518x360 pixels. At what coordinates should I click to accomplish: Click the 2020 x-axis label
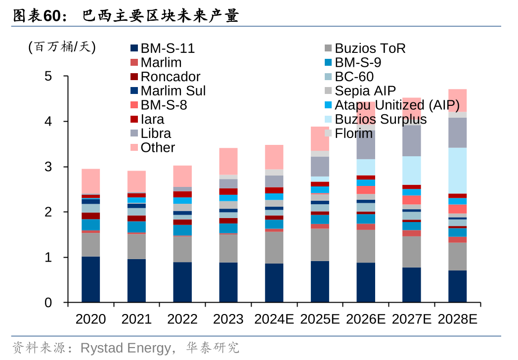pyautogui.click(x=90, y=319)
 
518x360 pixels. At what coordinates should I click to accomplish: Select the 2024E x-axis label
pyautogui.click(x=274, y=319)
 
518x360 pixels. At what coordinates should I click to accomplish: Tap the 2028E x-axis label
pyautogui.click(x=457, y=319)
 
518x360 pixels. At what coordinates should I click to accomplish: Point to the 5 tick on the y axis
pyautogui.click(x=48, y=76)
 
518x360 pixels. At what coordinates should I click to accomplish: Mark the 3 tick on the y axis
pyautogui.click(x=48, y=167)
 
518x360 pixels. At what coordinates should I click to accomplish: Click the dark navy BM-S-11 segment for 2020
pyautogui.click(x=90, y=279)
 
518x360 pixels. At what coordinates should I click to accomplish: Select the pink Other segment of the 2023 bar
pyautogui.click(x=228, y=161)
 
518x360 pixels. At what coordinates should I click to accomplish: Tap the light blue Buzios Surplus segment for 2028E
pyautogui.click(x=457, y=171)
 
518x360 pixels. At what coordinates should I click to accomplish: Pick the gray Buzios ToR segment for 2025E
pyautogui.click(x=320, y=245)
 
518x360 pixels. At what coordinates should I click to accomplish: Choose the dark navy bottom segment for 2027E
pyautogui.click(x=411, y=285)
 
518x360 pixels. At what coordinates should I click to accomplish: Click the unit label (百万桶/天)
pyautogui.click(x=62, y=47)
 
